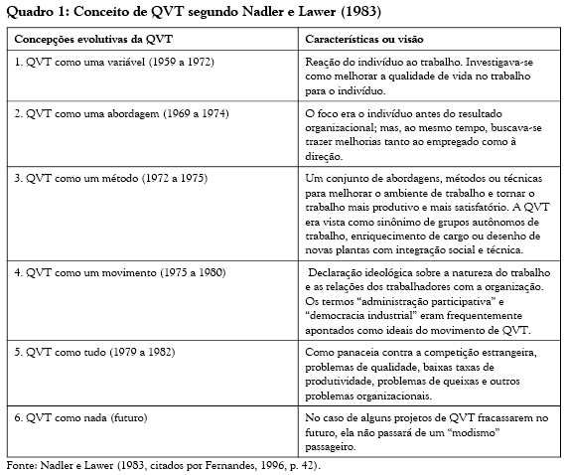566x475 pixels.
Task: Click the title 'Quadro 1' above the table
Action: click(35, 11)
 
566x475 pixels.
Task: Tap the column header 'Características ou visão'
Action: click(364, 39)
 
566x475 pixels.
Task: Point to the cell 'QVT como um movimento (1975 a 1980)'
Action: click(119, 271)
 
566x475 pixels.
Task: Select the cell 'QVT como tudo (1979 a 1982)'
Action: click(102, 352)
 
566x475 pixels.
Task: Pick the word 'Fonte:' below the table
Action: click(22, 464)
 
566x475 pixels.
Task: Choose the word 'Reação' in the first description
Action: click(324, 61)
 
